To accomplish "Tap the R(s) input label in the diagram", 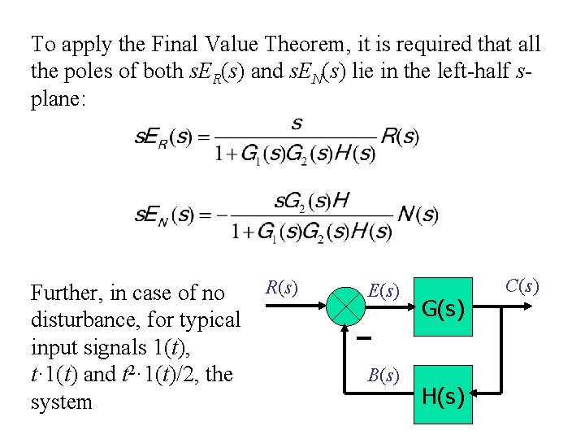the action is (x=281, y=288).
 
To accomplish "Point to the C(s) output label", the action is (x=522, y=286).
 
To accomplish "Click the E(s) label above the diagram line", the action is (x=383, y=290).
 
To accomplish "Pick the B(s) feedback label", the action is (x=382, y=376).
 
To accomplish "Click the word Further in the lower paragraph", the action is (x=64, y=293).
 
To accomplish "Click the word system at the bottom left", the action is (x=61, y=402).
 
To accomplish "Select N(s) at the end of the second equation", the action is (x=418, y=215).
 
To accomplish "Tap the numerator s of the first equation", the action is (x=296, y=124).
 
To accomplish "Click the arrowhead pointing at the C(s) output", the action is (x=531, y=309).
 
